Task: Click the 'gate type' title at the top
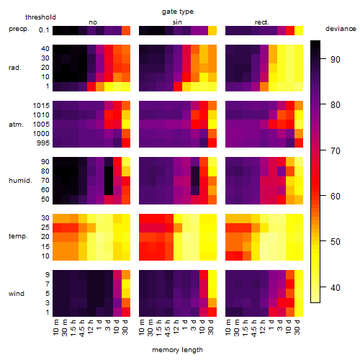coord(178,12)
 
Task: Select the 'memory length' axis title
coord(177,350)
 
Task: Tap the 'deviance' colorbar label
coord(341,29)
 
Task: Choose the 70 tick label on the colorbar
coord(336,150)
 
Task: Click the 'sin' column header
coord(177,22)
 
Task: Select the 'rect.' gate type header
coord(261,22)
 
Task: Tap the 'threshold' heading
coord(40,17)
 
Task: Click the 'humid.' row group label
coord(20,181)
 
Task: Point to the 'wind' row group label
coord(17,294)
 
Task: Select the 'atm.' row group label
coord(16,125)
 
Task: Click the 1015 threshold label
coord(41,105)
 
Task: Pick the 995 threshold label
coord(43,143)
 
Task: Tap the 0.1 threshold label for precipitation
coord(44,30)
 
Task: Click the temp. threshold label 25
coord(45,227)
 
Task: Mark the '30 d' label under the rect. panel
coord(297,327)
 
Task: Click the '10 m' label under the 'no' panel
coord(56,327)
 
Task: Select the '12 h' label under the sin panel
coord(176,327)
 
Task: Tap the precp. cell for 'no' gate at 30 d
coord(126,30)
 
